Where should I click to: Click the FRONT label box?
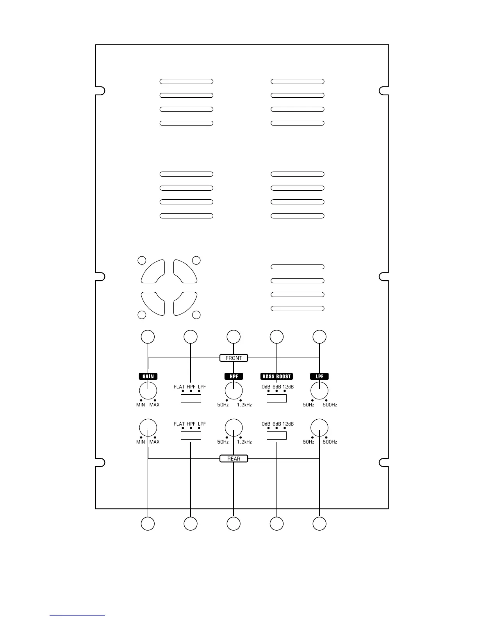tap(234, 358)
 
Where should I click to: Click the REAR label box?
tap(234, 458)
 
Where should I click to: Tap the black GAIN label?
tap(148, 376)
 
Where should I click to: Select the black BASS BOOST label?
tap(276, 376)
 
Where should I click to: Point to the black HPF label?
tap(234, 376)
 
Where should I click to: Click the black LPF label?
tap(319, 376)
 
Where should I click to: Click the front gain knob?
tap(148, 390)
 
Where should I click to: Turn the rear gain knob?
tap(148, 428)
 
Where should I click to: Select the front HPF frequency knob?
tap(234, 390)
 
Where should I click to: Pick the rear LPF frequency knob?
tap(319, 428)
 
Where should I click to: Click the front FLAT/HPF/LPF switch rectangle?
tap(191, 399)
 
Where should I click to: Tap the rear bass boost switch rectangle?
tap(276, 435)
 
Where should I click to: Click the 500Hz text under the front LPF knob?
tap(330, 405)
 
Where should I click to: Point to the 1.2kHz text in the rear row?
tap(244, 442)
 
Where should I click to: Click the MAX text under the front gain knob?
tap(154, 405)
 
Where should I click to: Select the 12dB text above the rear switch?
tap(288, 424)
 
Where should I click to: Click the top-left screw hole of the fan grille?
tap(142, 260)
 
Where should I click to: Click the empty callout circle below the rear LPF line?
tap(319, 524)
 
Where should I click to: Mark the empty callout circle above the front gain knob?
tap(148, 336)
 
